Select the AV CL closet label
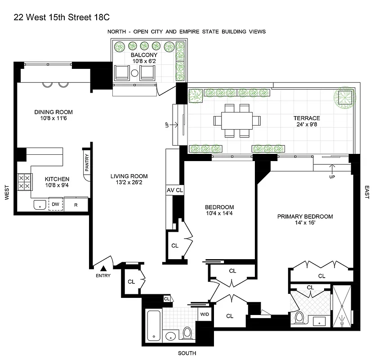175,190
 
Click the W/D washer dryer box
204,315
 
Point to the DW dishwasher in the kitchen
55,204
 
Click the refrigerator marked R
76,204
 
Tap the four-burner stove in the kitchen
24,181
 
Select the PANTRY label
87,163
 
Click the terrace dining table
237,120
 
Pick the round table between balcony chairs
134,73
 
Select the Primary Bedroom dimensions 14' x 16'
305,224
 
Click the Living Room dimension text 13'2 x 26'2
129,183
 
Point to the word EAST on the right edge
367,192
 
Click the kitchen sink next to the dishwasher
40,205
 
